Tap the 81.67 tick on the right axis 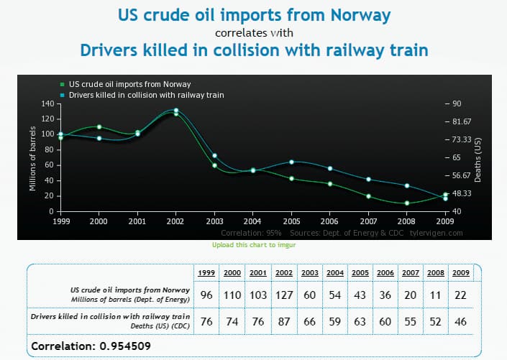(462, 121)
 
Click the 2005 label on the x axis (291, 221)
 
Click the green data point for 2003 (214, 165)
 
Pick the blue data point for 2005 (291, 162)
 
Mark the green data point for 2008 (407, 203)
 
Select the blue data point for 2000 (99, 138)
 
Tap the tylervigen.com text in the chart (436, 233)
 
